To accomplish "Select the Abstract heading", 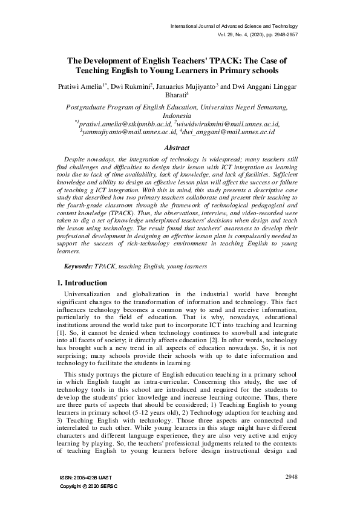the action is click(x=180, y=148).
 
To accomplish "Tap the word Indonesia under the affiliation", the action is click(x=180, y=115).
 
